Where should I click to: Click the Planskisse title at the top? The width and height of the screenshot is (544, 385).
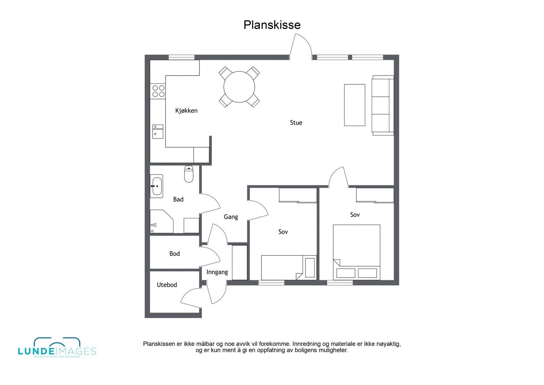point(272,25)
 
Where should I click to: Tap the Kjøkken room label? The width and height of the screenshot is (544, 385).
point(186,111)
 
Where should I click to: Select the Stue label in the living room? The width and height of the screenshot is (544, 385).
point(296,122)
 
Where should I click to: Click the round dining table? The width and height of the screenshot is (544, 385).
point(239,87)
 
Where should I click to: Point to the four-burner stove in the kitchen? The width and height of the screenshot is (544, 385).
point(158,91)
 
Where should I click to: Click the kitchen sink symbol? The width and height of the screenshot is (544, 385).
point(157,131)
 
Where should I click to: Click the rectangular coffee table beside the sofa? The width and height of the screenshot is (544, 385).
point(355,105)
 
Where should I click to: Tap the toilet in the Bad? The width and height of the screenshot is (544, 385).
point(189,174)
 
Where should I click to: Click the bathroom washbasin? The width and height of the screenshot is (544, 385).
point(157,186)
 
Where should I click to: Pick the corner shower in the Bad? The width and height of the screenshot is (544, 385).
point(160,222)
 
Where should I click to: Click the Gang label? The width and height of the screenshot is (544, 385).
point(231,217)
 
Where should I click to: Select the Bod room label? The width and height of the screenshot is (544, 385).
point(174,253)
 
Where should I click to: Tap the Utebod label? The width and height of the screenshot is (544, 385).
point(167,285)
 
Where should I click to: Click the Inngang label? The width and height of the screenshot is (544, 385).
point(217,272)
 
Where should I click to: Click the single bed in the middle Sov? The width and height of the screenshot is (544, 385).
point(282,267)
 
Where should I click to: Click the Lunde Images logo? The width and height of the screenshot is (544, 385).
point(57,348)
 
